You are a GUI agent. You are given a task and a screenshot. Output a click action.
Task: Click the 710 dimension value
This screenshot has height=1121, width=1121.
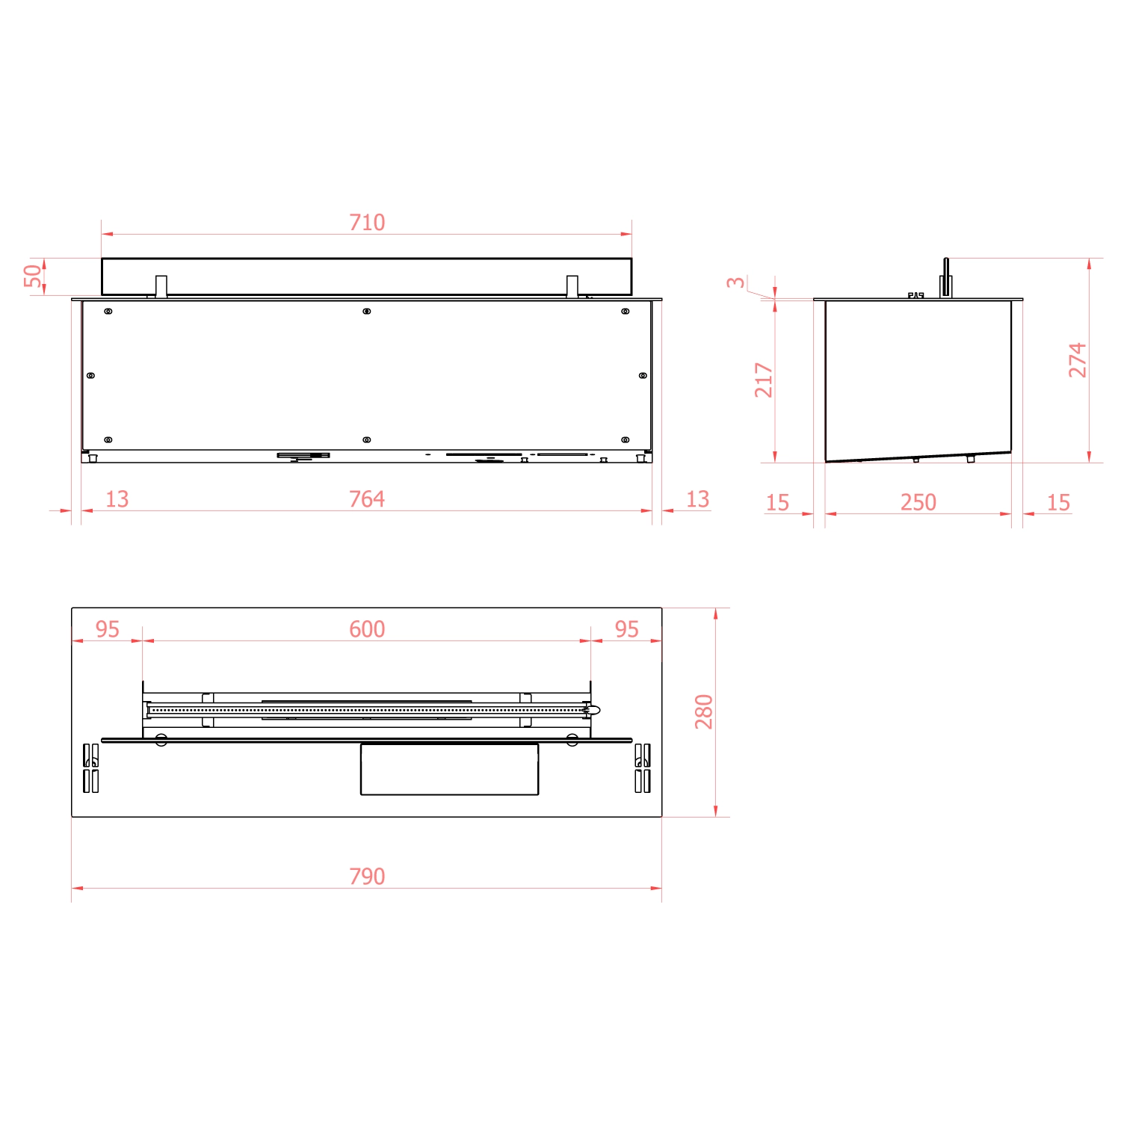pos(367,223)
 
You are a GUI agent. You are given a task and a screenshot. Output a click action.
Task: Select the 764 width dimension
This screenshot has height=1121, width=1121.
pos(367,499)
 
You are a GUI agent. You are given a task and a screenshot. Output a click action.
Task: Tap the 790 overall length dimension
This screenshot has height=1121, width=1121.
pos(367,876)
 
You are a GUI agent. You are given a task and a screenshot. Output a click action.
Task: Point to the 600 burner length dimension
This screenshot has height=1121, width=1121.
pos(367,629)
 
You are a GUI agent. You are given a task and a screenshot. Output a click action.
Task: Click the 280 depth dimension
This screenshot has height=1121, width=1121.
pos(704,711)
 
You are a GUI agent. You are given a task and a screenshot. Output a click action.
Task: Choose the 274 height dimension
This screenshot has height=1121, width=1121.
pos(1077,360)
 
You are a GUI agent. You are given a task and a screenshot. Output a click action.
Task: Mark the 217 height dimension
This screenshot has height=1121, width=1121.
pos(763,380)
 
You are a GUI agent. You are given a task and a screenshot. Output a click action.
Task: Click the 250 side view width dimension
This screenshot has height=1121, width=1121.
pos(918,502)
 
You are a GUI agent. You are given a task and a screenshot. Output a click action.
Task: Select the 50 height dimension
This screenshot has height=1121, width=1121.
pos(33,276)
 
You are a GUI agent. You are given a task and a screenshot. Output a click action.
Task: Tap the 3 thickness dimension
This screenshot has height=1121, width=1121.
pos(736,282)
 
